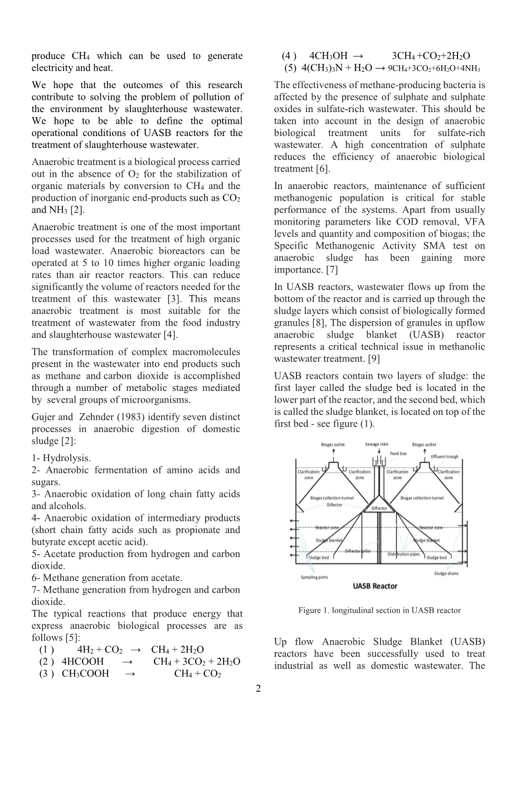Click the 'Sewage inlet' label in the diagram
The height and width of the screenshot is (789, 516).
click(376, 444)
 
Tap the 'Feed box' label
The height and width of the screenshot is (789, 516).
click(398, 454)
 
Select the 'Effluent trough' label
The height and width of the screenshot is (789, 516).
click(445, 457)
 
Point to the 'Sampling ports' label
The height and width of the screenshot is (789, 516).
click(314, 577)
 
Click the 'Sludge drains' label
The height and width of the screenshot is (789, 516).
click(446, 573)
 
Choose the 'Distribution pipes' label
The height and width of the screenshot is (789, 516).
click(403, 554)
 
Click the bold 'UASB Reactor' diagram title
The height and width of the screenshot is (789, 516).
click(375, 586)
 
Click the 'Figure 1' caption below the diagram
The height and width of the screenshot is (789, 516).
click(379, 611)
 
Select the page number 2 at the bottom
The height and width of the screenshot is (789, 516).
click(258, 689)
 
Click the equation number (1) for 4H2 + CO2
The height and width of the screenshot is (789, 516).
click(46, 650)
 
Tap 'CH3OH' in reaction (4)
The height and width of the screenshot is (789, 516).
click(328, 56)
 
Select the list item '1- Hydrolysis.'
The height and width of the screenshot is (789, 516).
click(61, 458)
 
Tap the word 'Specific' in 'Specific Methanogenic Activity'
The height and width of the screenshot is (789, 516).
click(290, 246)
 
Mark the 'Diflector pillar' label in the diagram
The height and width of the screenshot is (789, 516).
click(358, 551)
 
